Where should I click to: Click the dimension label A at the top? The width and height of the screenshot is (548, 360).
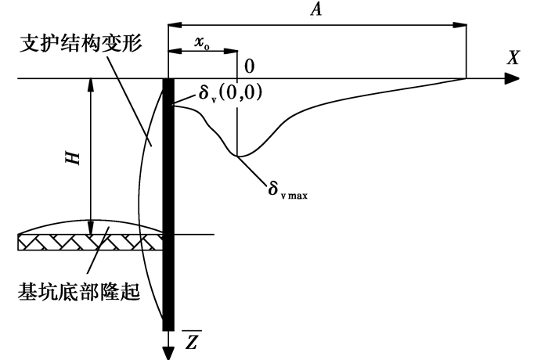coord(316,9)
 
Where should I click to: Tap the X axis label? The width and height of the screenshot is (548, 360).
coord(514,57)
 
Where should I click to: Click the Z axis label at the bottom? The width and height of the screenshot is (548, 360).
coord(192,340)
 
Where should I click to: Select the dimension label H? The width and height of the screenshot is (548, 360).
coord(73,158)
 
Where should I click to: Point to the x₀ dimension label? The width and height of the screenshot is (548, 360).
coord(202,43)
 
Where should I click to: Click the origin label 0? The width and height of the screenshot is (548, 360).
coord(249,66)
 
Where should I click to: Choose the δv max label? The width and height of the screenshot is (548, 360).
coord(287,189)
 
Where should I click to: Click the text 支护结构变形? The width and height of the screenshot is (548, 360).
coord(81,43)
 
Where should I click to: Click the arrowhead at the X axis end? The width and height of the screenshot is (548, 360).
coord(512,78)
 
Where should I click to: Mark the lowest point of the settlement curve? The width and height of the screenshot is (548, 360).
coord(238,156)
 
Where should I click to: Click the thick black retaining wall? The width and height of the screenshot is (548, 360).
coord(168,204)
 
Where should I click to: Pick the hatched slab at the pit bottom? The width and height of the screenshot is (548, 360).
coord(91,242)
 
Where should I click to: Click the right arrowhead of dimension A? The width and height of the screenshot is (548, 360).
coord(459,25)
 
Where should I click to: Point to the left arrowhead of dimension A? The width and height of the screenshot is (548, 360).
coord(175,25)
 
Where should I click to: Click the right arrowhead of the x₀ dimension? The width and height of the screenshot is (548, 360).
coord(231,51)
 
